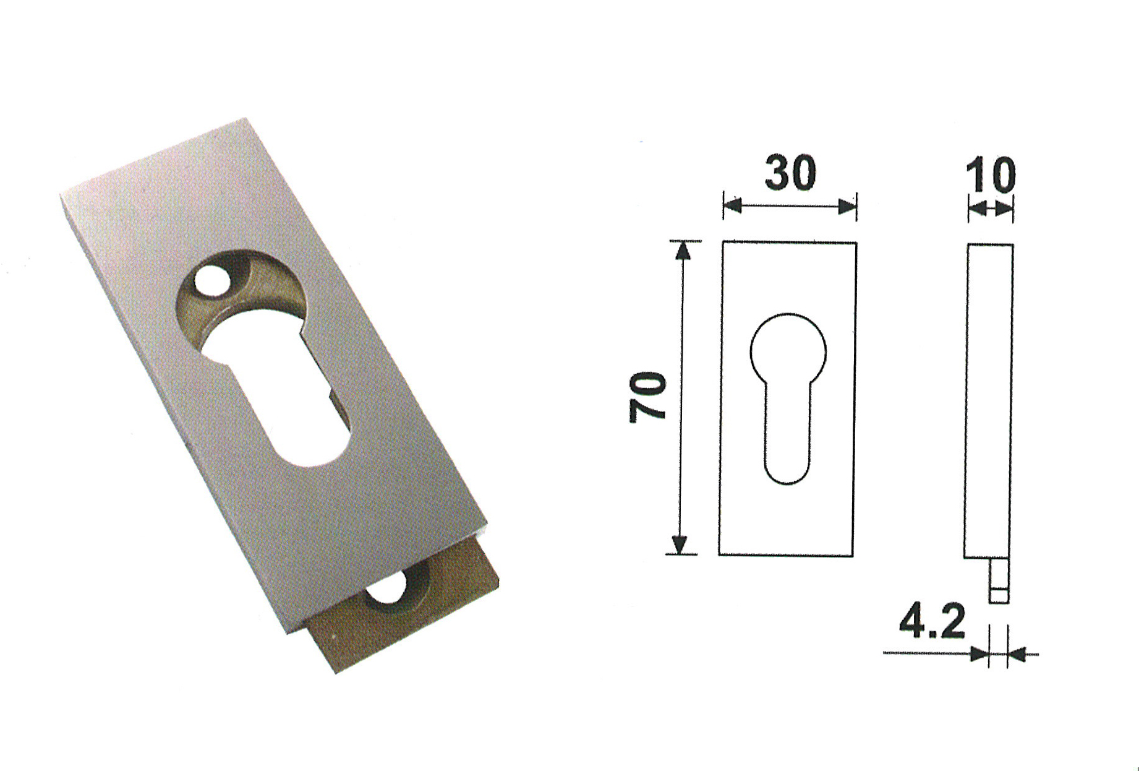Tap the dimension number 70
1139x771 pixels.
[647, 397]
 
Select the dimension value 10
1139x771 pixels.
[991, 176]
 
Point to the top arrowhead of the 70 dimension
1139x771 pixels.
[682, 250]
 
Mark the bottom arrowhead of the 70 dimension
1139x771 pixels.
[680, 545]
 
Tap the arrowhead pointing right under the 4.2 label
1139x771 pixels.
[979, 653]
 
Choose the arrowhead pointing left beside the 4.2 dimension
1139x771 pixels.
[1017, 653]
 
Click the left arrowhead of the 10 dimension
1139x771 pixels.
[976, 210]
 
